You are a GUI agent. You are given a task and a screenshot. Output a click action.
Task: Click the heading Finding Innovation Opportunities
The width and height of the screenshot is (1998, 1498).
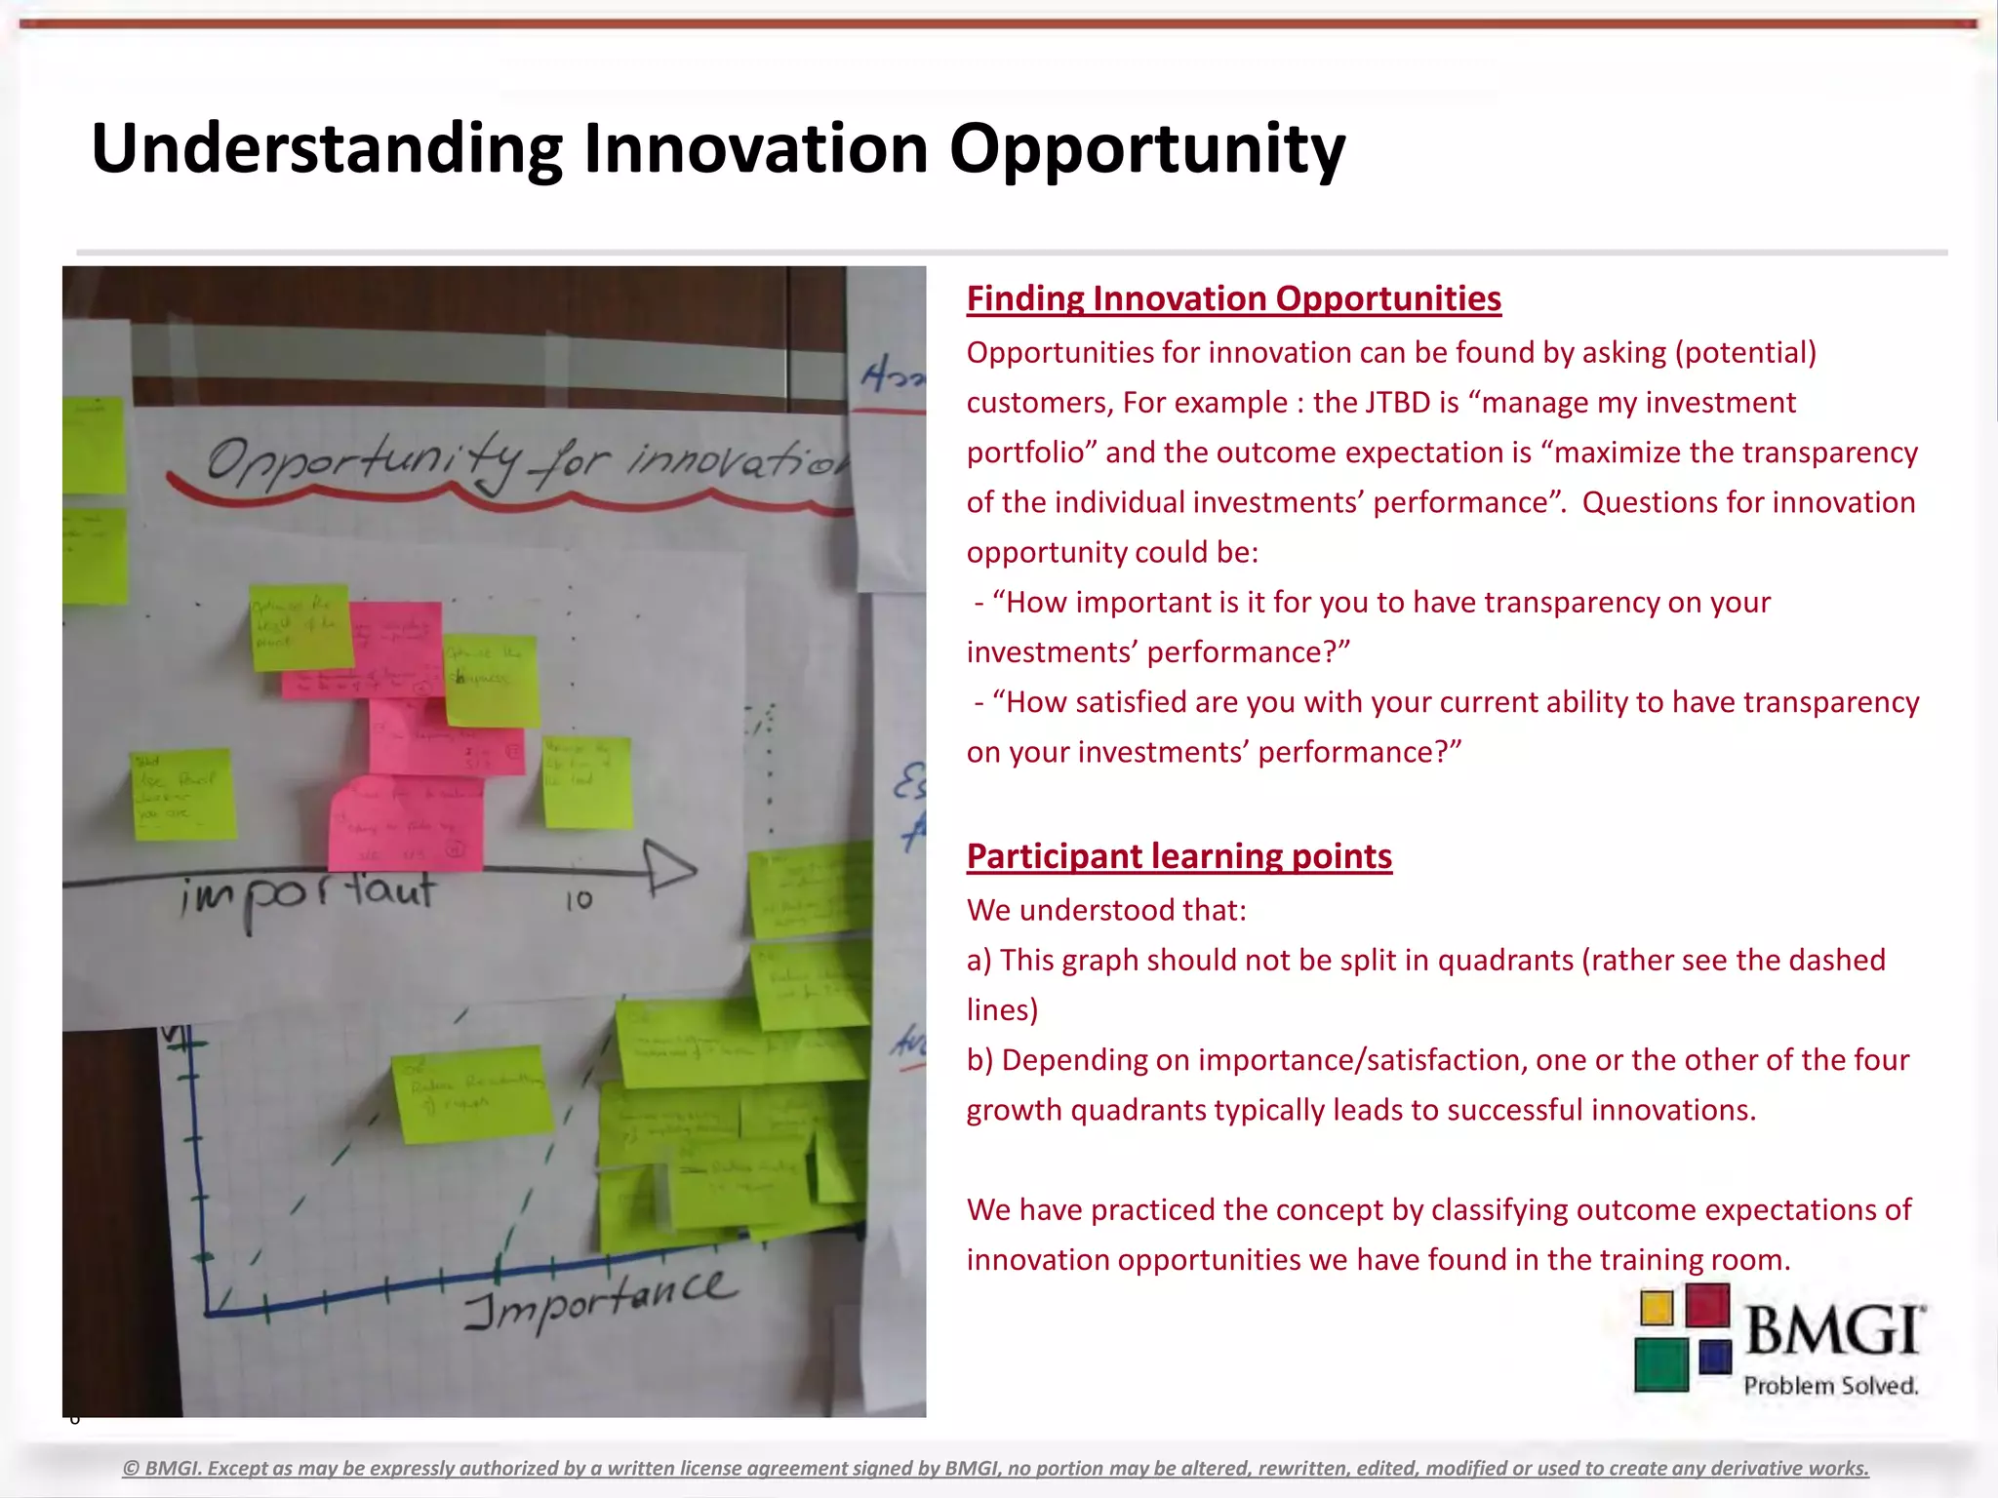pyautogui.click(x=1233, y=298)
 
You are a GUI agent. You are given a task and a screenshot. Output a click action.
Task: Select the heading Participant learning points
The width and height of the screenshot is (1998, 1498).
pyautogui.click(x=1179, y=856)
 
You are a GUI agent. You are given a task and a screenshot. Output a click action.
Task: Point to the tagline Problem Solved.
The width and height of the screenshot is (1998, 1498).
pyautogui.click(x=1830, y=1386)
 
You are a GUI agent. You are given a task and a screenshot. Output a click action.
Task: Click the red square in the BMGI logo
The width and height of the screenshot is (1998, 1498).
pyautogui.click(x=1707, y=1305)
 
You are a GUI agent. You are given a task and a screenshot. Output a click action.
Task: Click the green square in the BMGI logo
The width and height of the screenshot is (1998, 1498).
pyautogui.click(x=1660, y=1363)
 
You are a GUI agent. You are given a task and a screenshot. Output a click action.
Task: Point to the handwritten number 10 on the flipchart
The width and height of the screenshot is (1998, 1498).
pyautogui.click(x=579, y=899)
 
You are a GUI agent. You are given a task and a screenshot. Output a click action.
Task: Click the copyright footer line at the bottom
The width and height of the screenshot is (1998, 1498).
pyautogui.click(x=995, y=1468)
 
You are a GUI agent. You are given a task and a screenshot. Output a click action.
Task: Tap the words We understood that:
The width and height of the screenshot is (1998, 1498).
pyautogui.click(x=1106, y=910)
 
